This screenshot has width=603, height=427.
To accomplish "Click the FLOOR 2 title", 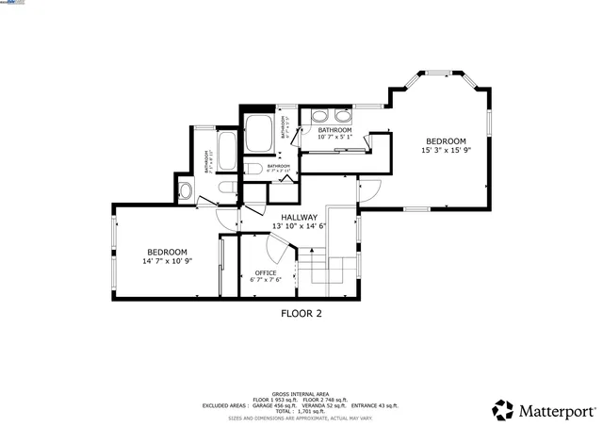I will [x=301, y=314].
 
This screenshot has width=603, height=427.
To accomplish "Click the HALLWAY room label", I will [x=299, y=217].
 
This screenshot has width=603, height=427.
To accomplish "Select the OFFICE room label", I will [x=266, y=272].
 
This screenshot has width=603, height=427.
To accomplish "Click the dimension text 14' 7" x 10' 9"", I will [x=167, y=261].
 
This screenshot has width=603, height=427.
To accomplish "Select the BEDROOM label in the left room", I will [x=167, y=252].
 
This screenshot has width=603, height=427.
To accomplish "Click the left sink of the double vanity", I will [x=318, y=118].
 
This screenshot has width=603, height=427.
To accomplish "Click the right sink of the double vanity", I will [x=342, y=118].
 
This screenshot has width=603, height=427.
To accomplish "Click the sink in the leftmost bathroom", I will [x=186, y=191].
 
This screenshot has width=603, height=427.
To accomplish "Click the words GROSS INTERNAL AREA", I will [x=301, y=394].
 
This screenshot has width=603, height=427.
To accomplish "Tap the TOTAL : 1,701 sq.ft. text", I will [x=301, y=412].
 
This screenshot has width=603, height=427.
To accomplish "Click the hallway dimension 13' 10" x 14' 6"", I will [x=299, y=226].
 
